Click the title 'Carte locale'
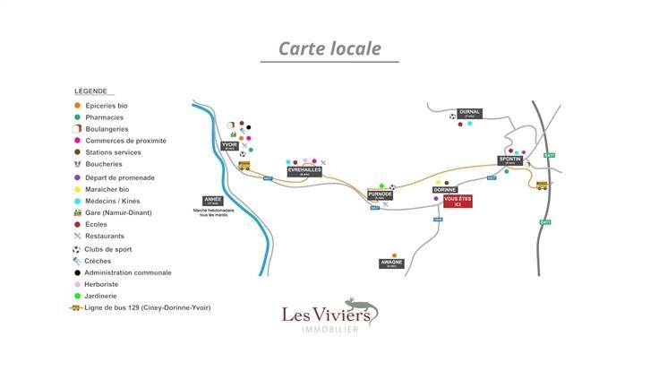pyautogui.click(x=329, y=48)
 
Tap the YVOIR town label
pyautogui.click(x=230, y=146)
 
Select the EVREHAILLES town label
pyautogui.click(x=304, y=170)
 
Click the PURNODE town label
pyautogui.click(x=381, y=194)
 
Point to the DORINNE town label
pyautogui.click(x=445, y=190)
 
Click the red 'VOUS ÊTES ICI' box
pyautogui.click(x=458, y=202)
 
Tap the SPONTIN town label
pyautogui.click(x=509, y=160)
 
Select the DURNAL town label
pyautogui.click(x=470, y=113)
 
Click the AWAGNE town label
pyautogui.click(x=391, y=263)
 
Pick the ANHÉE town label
pyautogui.click(x=213, y=200)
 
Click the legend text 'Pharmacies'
pyautogui.click(x=105, y=117)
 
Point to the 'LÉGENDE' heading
pyautogui.click(x=90, y=91)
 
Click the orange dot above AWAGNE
pyautogui.click(x=394, y=255)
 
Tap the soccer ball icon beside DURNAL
pyautogui.click(x=453, y=116)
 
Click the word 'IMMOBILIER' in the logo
pyautogui.click(x=329, y=330)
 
